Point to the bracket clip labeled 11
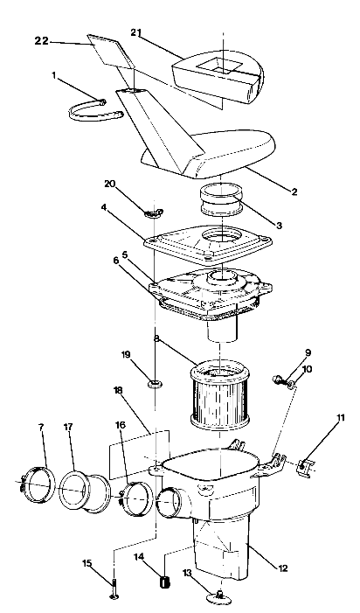tap(306, 468)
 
